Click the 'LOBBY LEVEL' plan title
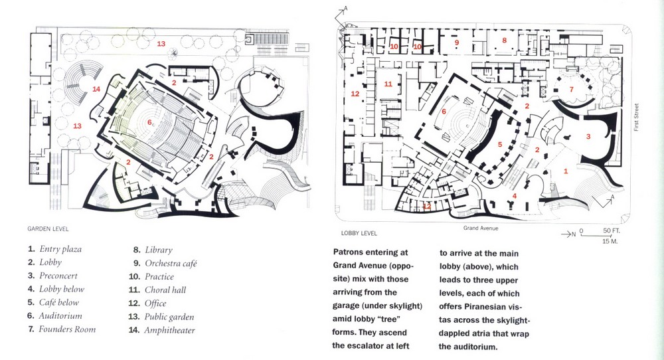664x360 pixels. pos(359,233)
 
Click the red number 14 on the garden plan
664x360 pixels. pos(96,89)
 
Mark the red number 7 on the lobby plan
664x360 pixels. pos(570,89)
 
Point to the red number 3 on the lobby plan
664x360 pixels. pos(587,135)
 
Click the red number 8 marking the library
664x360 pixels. pos(504,41)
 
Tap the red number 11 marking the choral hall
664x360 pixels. pos(388,84)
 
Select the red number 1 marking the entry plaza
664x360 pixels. pos(566,171)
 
